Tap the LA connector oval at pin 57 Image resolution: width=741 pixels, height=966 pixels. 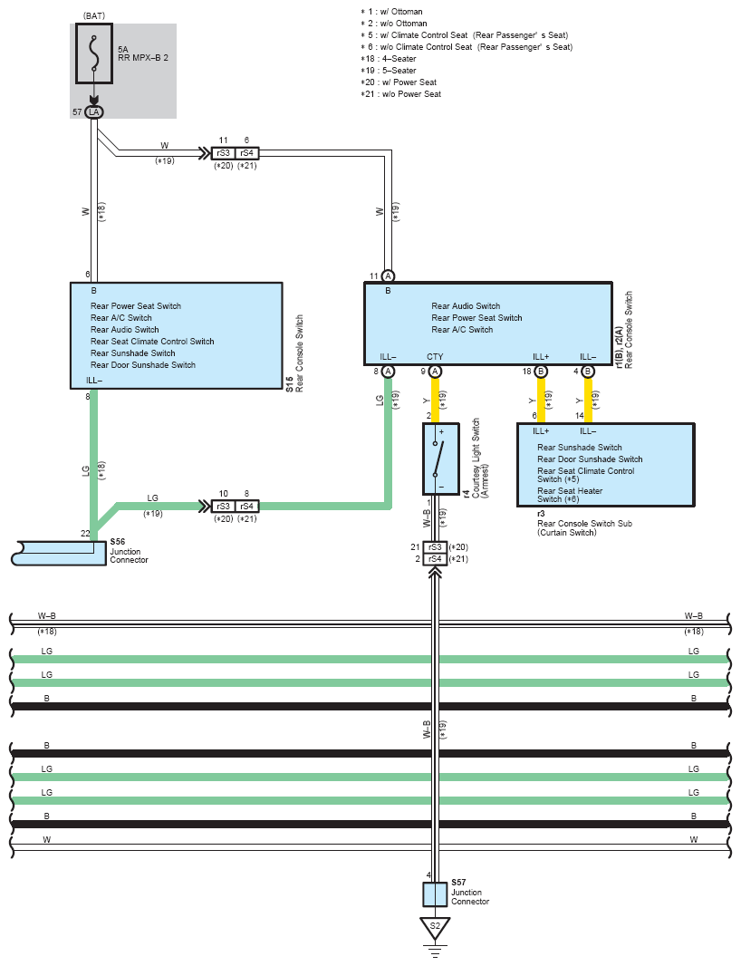(93, 111)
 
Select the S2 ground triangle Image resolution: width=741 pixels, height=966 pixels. (435, 927)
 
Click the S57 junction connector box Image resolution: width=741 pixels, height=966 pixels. (435, 894)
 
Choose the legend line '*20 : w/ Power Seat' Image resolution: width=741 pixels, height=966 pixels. (399, 82)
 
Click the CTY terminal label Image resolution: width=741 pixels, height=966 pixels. (435, 357)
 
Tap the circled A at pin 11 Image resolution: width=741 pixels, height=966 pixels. (388, 275)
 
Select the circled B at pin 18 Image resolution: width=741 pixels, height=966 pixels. (541, 372)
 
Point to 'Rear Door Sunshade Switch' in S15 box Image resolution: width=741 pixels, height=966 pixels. (143, 365)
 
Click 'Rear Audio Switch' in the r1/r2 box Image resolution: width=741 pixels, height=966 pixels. (466, 306)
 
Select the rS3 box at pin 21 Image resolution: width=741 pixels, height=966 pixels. (435, 547)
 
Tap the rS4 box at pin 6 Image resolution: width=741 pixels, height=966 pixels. (247, 153)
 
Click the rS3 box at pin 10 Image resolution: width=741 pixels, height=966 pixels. (223, 506)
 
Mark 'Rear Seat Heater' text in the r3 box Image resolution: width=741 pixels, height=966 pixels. (570, 491)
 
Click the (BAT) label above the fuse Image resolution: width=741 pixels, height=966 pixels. (93, 16)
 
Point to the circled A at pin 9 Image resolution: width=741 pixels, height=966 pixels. (435, 372)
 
